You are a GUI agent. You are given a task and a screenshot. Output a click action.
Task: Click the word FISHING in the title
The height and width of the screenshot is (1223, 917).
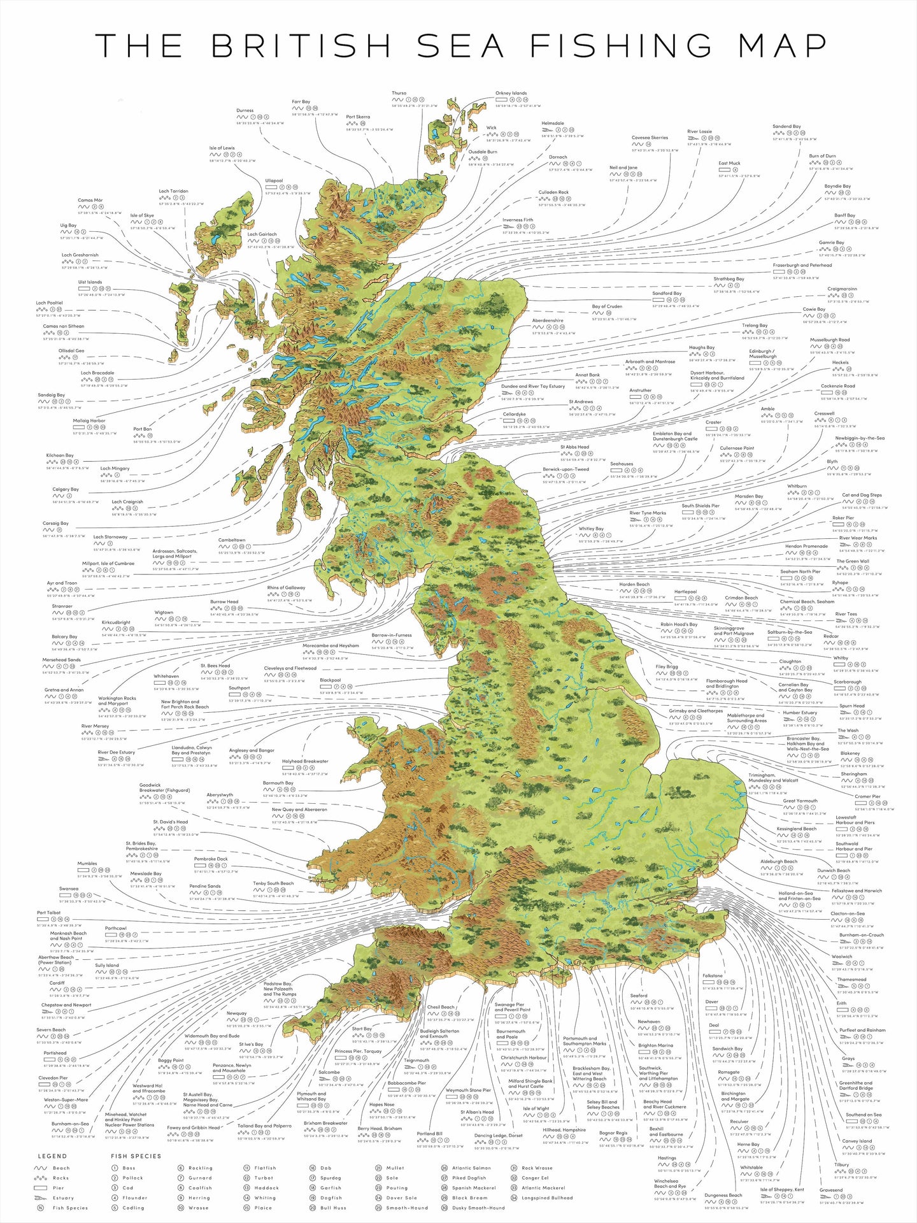[x=621, y=46]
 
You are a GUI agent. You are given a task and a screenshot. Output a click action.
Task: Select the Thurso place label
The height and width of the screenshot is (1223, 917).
[x=399, y=93]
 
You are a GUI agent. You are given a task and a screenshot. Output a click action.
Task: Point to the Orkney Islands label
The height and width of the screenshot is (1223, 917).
[x=511, y=93]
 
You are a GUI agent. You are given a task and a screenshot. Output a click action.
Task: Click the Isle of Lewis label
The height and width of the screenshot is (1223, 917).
[x=222, y=148]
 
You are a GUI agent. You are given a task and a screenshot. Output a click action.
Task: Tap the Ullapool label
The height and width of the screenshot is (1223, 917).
[x=274, y=180]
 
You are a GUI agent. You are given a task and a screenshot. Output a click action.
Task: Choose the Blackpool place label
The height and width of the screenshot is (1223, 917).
[x=331, y=680]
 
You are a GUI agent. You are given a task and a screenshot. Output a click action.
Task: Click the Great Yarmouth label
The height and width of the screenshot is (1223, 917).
[x=800, y=801]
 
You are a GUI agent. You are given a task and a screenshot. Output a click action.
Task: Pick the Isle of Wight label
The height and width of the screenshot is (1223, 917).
[x=536, y=1108]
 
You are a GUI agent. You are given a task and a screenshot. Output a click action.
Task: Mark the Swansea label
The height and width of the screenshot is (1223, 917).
[x=69, y=889]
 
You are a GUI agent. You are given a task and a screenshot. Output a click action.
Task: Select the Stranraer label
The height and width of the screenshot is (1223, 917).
[x=62, y=606]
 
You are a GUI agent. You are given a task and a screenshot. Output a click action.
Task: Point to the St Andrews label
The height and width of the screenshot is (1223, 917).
[x=581, y=402]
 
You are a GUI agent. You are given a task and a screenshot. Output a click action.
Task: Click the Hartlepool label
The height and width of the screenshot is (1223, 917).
[x=685, y=591]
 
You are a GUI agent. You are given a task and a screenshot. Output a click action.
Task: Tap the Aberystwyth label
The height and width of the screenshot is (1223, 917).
[x=220, y=795]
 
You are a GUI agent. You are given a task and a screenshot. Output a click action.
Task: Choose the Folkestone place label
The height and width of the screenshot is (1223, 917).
[x=713, y=975]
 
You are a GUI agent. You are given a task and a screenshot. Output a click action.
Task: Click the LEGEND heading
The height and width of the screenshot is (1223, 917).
[x=52, y=1156]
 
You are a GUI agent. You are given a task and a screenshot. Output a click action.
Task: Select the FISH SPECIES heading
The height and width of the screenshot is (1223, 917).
[x=136, y=1156]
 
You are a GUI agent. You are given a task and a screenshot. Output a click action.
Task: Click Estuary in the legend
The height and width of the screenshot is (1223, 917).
[x=63, y=1198]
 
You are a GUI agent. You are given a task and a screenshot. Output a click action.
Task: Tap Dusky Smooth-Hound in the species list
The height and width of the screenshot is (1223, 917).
[x=478, y=1208]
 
